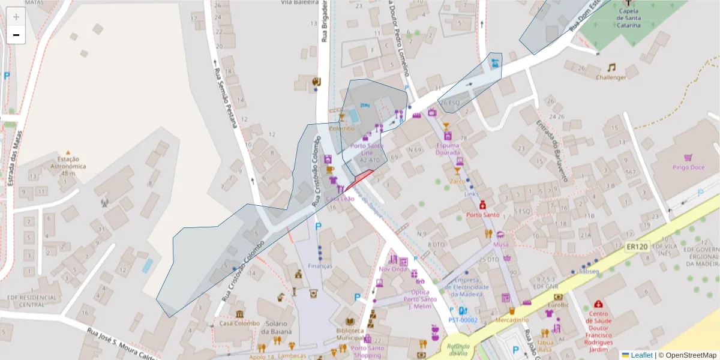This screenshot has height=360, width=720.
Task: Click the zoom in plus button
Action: coord(16,17)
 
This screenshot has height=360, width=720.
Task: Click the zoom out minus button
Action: coord(16,35)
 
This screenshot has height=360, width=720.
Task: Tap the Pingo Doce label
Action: coord(688,167)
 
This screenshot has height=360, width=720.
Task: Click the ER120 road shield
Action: coord(637,247)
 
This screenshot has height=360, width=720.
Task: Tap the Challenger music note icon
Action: coord(611,68)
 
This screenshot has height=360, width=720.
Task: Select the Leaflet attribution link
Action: coord(641,355)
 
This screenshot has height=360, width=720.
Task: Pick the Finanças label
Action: coord(320,266)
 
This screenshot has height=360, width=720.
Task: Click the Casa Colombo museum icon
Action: coord(239,314)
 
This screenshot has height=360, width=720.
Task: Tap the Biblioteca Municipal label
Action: coord(350,334)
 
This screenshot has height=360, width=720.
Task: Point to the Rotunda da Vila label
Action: coord(458,349)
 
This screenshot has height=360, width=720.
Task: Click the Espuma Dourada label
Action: coord(448,149)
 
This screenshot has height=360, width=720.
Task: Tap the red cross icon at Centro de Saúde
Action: coord(598,305)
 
